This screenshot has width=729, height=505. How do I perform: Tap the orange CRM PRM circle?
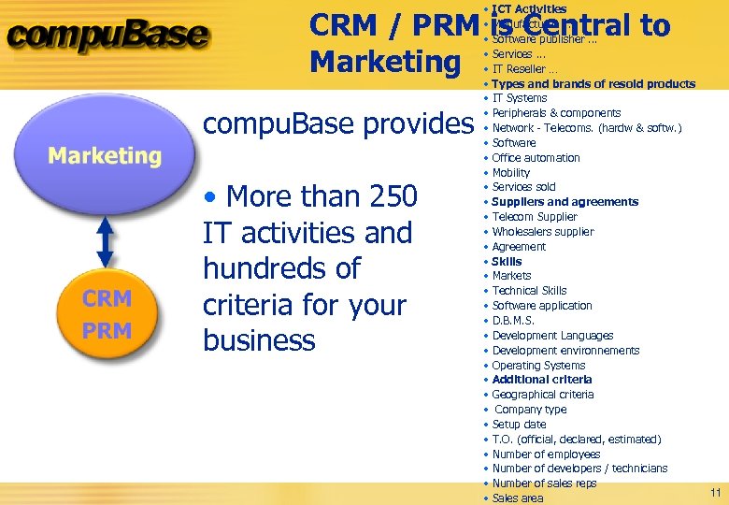106,313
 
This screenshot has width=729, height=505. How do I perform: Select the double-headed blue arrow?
105,241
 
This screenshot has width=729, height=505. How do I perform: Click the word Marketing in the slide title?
385,62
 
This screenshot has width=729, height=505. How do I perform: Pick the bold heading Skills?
507,261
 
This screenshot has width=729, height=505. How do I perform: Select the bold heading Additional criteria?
541,380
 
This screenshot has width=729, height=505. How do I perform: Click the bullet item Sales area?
517,498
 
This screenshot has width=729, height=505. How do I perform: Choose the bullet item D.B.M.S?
514,321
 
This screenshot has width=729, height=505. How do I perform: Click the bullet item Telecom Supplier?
535,217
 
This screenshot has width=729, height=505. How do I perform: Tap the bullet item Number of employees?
546,454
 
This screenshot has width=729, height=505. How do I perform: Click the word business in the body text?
259,340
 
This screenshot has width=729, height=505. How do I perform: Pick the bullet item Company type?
530,410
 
